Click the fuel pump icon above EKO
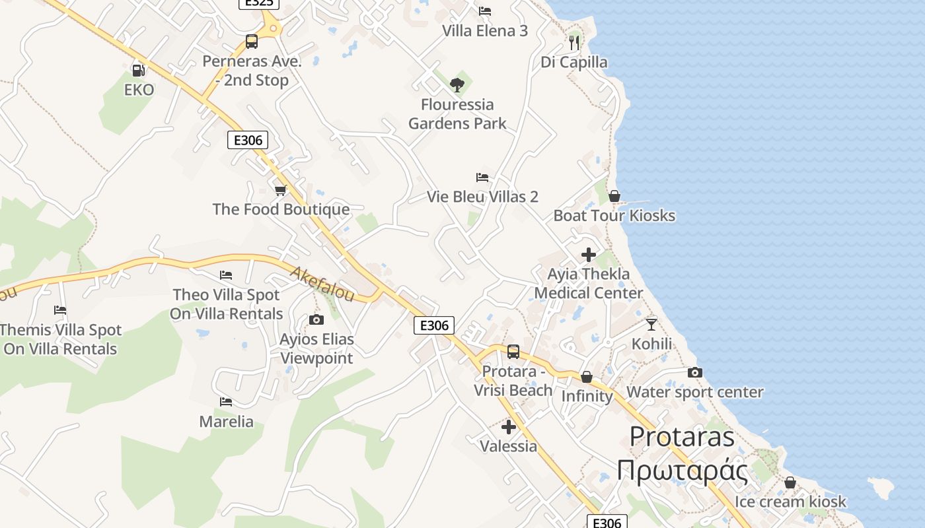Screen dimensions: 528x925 [138, 69]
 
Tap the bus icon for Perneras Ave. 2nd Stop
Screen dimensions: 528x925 [252, 41]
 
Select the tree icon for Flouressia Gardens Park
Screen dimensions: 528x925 [457, 84]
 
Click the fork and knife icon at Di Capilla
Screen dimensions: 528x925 [574, 43]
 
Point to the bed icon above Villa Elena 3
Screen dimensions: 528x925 [485, 11]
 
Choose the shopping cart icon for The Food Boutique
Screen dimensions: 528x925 [281, 191]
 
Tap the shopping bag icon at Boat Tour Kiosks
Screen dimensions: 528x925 [614, 196]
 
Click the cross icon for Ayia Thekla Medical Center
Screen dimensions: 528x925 [588, 255]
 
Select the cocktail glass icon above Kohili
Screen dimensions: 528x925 [651, 324]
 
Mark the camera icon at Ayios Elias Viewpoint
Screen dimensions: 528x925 [316, 320]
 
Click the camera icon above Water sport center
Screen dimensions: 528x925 [694, 373]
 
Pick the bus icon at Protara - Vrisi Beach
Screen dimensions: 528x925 [513, 352]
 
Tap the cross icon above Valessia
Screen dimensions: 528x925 [509, 426]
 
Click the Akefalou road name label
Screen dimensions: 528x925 [322, 284]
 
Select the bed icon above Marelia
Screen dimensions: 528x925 [226, 401]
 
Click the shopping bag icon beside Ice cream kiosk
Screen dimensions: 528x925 [790, 482]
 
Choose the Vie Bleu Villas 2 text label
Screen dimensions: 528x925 [482, 197]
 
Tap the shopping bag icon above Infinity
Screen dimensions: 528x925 [587, 377]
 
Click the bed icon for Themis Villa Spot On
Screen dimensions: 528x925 [60, 310]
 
